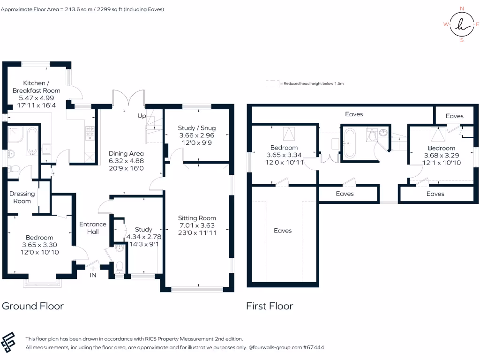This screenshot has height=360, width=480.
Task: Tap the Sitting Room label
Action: [197, 217]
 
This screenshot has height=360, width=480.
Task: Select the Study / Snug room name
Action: [197, 128]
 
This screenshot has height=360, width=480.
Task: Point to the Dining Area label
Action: [126, 153]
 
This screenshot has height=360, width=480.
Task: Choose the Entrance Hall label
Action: [92, 228]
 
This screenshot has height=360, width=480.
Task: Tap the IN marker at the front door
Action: [93, 275]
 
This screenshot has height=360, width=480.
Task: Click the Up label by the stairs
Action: [141, 115]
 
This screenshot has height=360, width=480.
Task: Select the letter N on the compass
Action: [462, 8]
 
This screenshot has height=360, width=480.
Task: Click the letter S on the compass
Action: [462, 40]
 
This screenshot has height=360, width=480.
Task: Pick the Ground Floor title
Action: [33, 306]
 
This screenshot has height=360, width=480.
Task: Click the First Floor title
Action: [270, 306]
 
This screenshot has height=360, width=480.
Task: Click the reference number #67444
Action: [314, 347]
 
